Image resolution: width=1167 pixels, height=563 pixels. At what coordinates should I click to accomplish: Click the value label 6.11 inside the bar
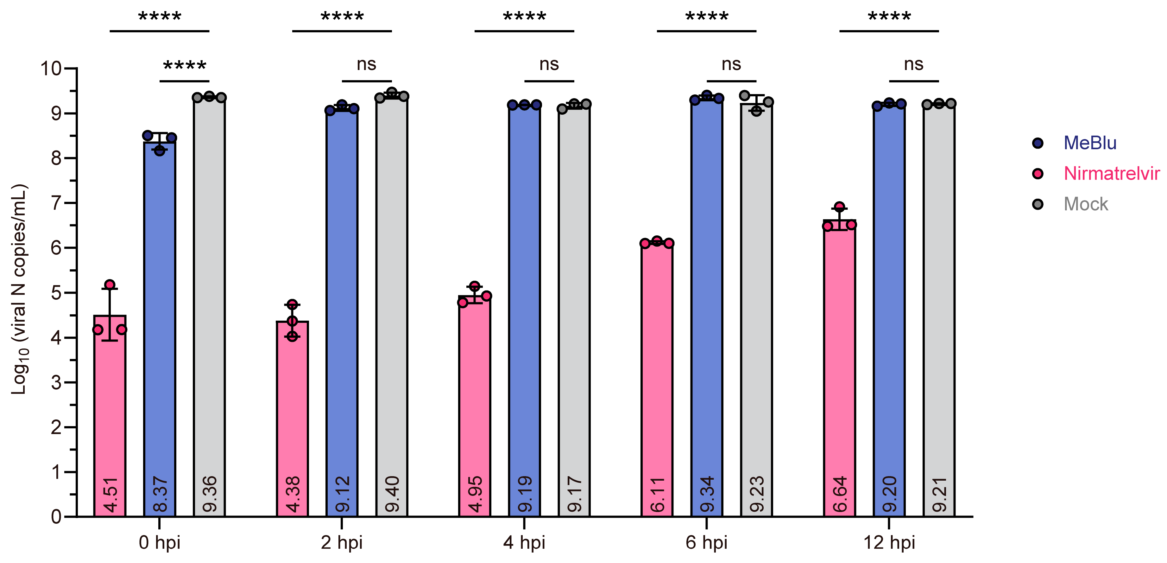point(657,494)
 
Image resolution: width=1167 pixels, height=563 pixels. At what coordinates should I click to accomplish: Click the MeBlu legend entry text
point(1089,143)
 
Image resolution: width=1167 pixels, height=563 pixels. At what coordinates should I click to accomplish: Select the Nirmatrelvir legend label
point(1111,174)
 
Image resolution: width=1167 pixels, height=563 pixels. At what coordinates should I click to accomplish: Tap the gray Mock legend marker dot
point(1038,204)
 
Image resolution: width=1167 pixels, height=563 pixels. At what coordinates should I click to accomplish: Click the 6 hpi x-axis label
point(706,543)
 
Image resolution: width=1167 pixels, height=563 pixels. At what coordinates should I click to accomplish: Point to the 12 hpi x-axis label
point(889,543)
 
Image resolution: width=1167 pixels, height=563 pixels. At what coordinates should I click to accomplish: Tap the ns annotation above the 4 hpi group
point(549,64)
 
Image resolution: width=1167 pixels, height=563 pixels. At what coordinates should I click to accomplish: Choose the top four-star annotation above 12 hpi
point(889,17)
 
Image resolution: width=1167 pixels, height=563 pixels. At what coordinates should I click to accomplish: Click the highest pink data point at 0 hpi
point(110,285)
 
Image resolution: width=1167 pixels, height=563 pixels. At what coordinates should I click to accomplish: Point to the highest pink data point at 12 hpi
point(839,207)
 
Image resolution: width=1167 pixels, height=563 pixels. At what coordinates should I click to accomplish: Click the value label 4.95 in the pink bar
point(475,494)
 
